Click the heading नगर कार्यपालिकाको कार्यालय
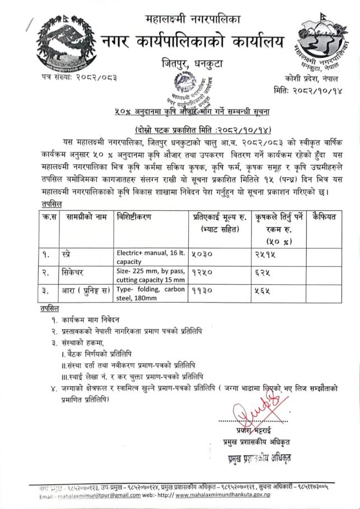coord(192,41)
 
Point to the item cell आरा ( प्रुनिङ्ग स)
coord(87,290)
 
